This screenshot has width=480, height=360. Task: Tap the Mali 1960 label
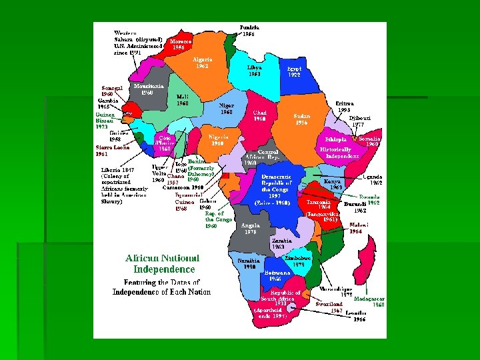pos(183,99)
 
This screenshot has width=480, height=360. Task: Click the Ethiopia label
pos(336,139)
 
